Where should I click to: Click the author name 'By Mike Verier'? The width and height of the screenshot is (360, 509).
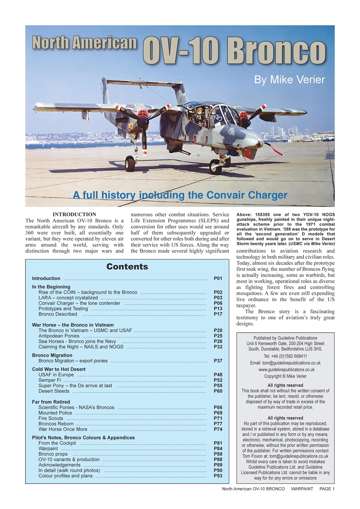click(289, 80)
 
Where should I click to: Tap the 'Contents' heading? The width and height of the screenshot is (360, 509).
click(127, 267)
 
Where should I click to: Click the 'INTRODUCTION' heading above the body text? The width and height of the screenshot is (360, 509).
click(74, 214)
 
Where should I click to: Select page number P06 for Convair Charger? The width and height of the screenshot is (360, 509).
click(218, 303)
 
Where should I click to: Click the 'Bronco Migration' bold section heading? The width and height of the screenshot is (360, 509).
click(52, 355)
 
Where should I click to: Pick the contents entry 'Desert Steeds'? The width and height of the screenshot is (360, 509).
click(54, 391)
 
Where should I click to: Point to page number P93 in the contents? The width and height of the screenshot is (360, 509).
click(218, 476)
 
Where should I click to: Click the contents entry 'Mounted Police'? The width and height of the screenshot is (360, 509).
click(55, 413)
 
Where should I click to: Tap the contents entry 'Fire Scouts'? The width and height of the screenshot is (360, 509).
click(51, 418)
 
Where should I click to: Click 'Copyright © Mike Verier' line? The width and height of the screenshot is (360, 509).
click(285, 376)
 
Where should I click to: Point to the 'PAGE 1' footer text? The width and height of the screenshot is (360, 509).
click(327, 489)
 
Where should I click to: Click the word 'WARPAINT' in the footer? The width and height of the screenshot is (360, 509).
click(302, 489)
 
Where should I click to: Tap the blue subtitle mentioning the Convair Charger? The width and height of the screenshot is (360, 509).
click(180, 195)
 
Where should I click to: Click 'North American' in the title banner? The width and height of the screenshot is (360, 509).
click(85, 43)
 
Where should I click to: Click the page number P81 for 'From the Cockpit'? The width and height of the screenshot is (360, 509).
click(218, 443)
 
